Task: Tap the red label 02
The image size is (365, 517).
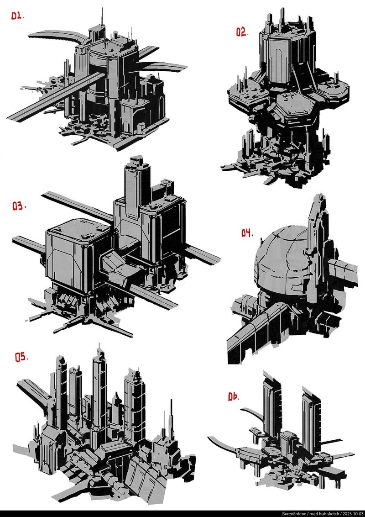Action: pyautogui.click(x=241, y=32)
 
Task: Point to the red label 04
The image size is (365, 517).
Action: pyautogui.click(x=246, y=233)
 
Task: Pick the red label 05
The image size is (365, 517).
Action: pyautogui.click(x=21, y=357)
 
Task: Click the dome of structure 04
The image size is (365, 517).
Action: pyautogui.click(x=278, y=265)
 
